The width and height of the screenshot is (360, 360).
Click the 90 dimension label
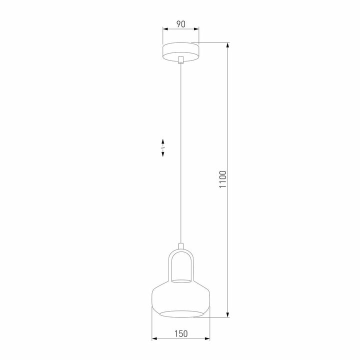point(180,23)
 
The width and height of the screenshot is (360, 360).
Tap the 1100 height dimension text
point(223,179)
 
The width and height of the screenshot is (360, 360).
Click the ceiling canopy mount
point(180,50)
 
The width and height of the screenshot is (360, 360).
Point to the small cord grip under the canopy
point(180,60)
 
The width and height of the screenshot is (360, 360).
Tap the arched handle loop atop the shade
point(180,252)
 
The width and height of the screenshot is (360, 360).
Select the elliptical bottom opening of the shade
point(180,313)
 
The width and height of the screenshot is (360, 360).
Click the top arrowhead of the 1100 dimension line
point(228,45)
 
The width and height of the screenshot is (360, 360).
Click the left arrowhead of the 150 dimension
point(154,339)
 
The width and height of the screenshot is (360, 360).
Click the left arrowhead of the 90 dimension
point(164,29)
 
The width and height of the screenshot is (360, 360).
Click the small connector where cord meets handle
point(180,245)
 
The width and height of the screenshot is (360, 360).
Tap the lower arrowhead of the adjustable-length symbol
point(163,155)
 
